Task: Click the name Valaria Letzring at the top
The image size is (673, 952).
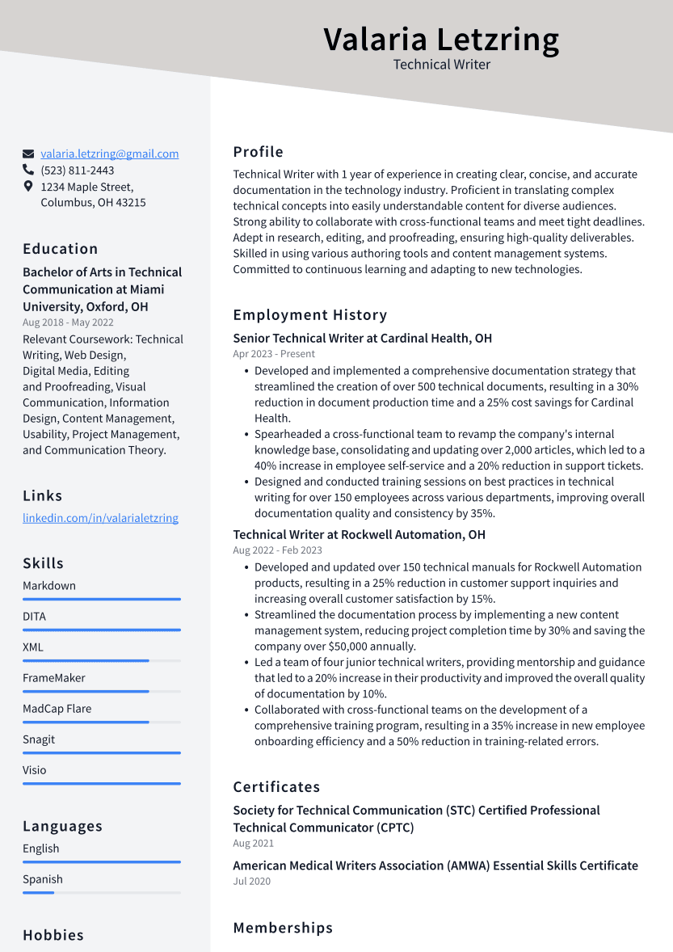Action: click(x=441, y=39)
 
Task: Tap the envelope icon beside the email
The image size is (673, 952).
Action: click(x=28, y=154)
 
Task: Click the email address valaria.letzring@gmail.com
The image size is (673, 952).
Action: click(x=110, y=154)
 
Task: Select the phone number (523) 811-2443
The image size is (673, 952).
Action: click(x=78, y=171)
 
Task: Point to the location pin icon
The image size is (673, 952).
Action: click(x=28, y=187)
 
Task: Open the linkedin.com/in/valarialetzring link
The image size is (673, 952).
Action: click(x=100, y=518)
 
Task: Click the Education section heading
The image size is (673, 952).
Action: click(x=61, y=249)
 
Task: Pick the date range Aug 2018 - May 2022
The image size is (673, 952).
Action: click(x=68, y=322)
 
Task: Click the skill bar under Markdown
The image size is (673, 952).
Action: click(x=101, y=599)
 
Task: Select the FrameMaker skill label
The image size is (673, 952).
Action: click(x=53, y=678)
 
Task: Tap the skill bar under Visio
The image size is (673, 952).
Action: click(x=101, y=783)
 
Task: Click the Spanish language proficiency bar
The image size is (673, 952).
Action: click(x=101, y=892)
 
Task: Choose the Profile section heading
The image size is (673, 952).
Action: click(x=259, y=152)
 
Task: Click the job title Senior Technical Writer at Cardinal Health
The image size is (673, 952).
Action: click(x=362, y=338)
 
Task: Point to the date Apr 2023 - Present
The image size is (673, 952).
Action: click(x=274, y=354)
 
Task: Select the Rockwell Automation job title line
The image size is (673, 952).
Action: click(x=359, y=534)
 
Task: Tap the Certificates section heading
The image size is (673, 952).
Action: click(x=276, y=787)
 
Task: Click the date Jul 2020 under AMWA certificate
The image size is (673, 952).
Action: click(x=251, y=881)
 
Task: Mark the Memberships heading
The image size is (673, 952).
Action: click(x=283, y=928)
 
